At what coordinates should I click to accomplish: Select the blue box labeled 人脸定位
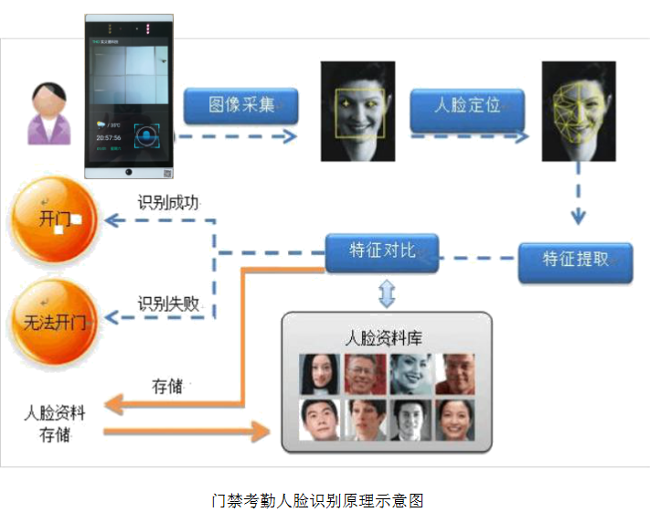click(467, 106)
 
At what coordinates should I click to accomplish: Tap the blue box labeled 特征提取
click(575, 259)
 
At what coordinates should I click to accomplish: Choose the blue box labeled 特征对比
click(382, 251)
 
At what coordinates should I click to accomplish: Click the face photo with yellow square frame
click(357, 111)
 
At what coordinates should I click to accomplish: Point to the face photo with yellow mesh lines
click(579, 111)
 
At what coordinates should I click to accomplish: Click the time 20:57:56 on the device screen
click(109, 137)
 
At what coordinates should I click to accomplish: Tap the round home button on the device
click(129, 172)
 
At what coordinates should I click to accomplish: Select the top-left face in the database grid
click(319, 373)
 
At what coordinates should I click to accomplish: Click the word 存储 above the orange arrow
click(168, 385)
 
